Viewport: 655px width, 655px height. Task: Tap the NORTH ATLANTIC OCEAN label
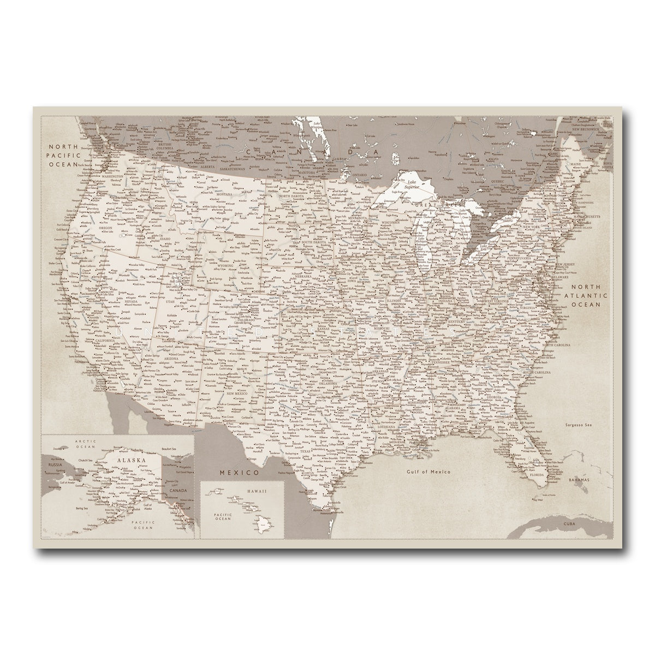point(586,296)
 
